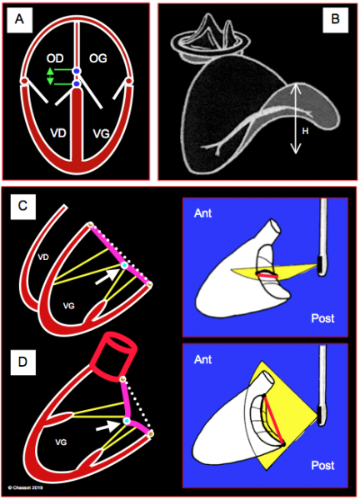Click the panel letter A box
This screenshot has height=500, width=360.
19,20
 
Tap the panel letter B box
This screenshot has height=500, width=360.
335,20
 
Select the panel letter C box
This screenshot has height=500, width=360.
23,207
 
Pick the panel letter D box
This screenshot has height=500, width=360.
23,362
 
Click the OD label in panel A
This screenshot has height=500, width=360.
55,58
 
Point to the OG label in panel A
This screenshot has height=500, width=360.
98,58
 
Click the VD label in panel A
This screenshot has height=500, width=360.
58,132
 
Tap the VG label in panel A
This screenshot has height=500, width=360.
102,133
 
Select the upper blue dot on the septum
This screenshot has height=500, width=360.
76,72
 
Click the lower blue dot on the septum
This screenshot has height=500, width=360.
76,84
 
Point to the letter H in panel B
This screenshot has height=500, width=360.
305,131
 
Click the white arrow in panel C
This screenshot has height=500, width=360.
107,277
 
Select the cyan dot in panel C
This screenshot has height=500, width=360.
124,265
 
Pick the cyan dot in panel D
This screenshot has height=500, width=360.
127,421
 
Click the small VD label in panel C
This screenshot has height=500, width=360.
43,257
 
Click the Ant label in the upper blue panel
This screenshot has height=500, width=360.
202,213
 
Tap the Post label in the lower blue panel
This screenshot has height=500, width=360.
322,465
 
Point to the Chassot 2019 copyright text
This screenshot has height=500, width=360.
25,487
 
